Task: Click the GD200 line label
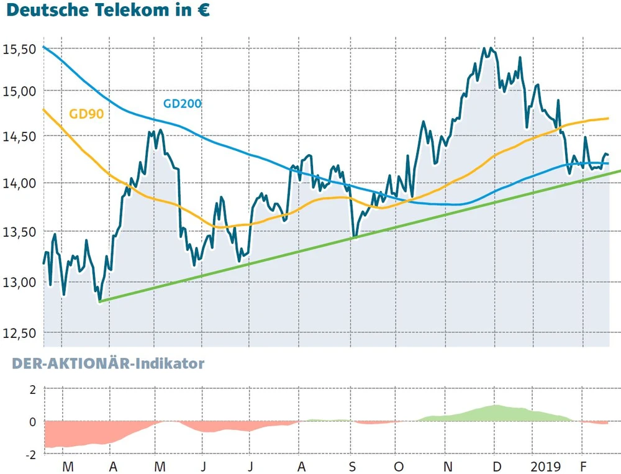pos(182,103)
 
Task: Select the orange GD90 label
pos(86,114)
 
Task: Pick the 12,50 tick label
pos(20,334)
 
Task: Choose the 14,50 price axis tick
pos(20,137)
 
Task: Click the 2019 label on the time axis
pos(546,466)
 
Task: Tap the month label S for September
pos(352,466)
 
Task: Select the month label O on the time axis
pos(398,466)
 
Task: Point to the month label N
pos(447,466)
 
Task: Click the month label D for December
pos(496,466)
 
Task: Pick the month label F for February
pos(583,466)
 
